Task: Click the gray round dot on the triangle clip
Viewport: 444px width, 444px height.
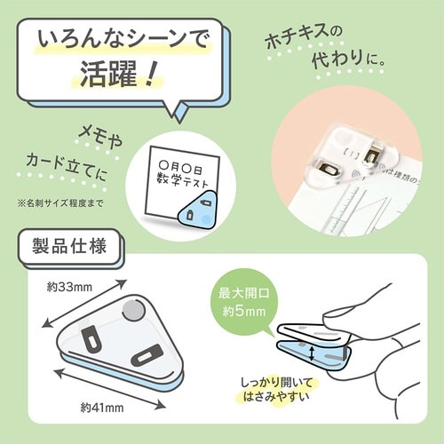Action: point(132,308)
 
